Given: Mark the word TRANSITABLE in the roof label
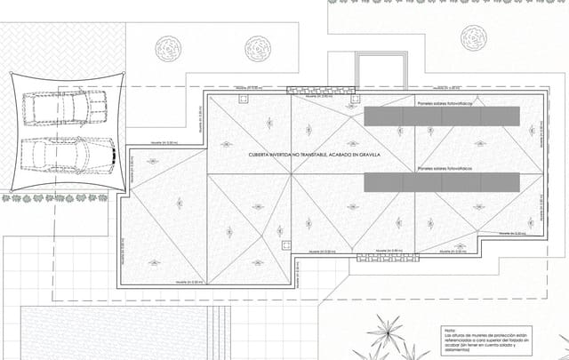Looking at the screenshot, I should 317,156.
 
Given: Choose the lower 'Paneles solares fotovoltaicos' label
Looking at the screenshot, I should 447,167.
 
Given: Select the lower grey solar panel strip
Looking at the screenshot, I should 442,181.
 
